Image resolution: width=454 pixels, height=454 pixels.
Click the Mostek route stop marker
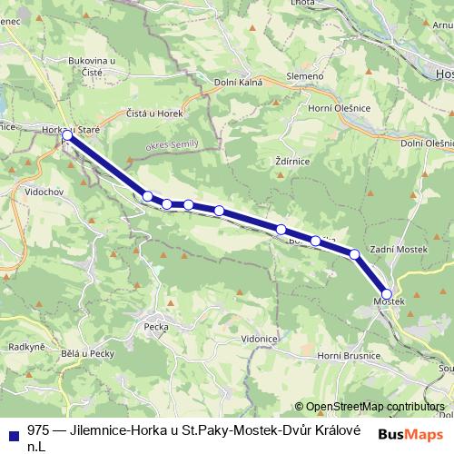(387, 294)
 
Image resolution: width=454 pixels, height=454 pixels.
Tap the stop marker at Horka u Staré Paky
(67, 135)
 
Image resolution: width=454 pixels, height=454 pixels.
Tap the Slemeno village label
(304, 75)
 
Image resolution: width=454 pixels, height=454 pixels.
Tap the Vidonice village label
(259, 338)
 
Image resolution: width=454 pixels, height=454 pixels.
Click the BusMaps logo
(410, 434)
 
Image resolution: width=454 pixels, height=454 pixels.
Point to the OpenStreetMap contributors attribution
(376, 406)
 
